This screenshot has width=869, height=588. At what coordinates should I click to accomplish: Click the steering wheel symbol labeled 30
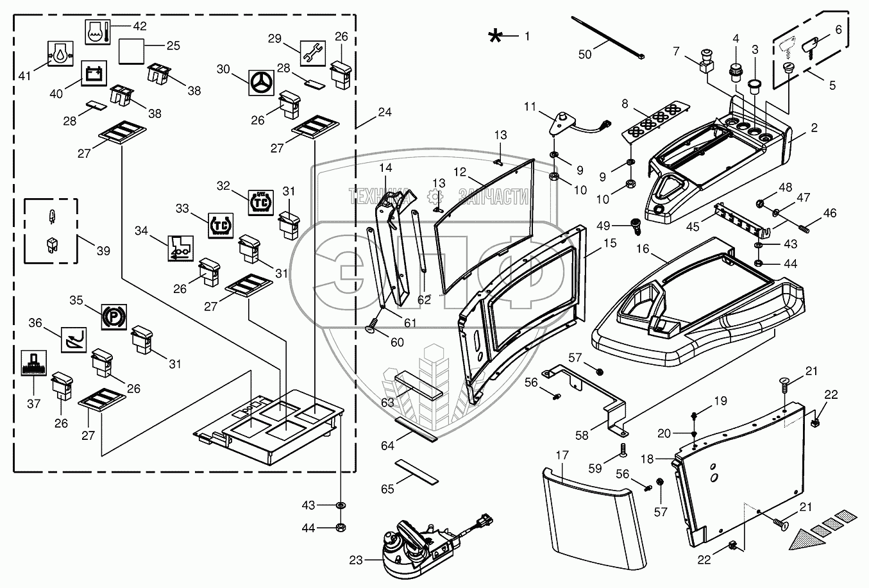coord(261,83)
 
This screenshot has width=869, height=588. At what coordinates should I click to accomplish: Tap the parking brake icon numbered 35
coord(114,317)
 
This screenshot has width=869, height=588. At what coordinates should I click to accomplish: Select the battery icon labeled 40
coord(94,73)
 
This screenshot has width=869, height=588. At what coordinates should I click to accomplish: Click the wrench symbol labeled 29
coord(313,53)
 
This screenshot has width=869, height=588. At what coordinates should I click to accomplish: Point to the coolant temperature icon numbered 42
coord(97,32)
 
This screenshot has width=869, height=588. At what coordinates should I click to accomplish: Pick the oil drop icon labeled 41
coord(60,53)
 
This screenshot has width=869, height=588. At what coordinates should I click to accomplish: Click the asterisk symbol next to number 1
coord(495,37)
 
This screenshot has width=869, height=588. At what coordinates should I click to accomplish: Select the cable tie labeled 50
coord(607,38)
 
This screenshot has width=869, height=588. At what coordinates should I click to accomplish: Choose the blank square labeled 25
coord(131,51)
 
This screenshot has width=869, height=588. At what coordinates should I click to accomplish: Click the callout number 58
coord(582,436)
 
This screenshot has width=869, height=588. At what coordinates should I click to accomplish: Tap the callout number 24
coord(384,112)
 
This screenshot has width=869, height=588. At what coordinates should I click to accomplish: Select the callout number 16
coord(643,249)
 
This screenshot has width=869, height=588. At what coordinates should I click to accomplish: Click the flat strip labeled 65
coord(417,472)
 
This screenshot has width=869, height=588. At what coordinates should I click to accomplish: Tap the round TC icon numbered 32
coord(260,203)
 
